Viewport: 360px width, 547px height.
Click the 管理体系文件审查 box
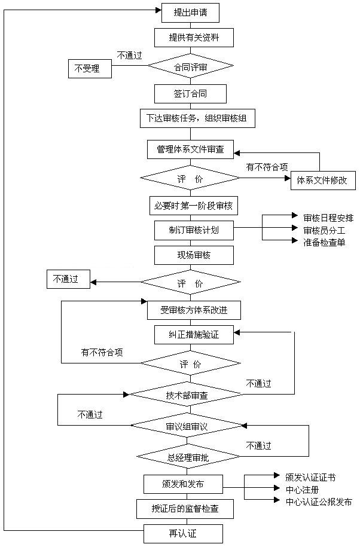pos(190,149)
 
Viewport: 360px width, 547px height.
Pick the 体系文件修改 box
pos(322,180)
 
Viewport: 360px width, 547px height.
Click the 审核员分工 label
pos(324,230)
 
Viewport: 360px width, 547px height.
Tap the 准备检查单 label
pos(324,242)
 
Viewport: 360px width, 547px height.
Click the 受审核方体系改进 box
pos(194,310)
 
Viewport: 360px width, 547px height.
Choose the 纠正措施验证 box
pos(194,335)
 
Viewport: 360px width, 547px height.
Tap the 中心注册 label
pos(303,490)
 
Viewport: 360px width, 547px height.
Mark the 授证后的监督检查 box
pos(184,509)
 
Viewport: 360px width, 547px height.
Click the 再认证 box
pos(183,533)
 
